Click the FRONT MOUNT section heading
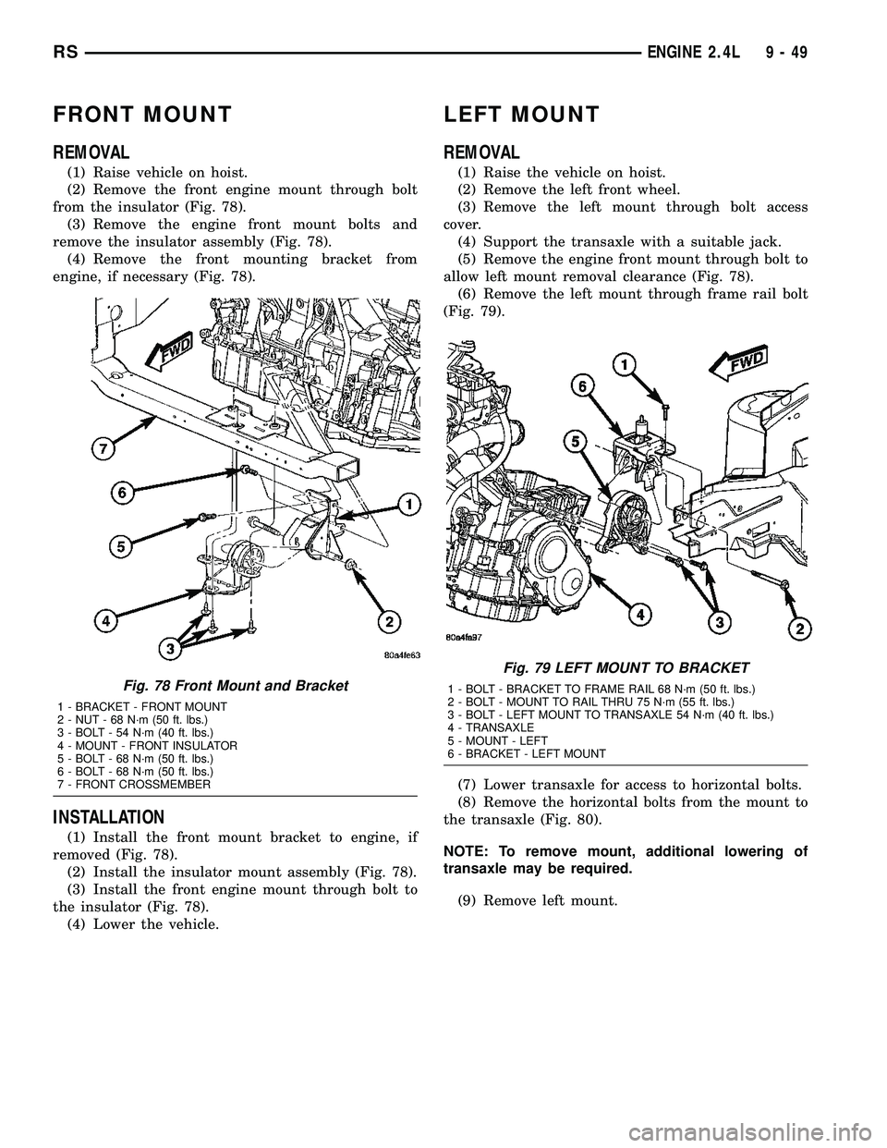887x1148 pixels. click(x=142, y=115)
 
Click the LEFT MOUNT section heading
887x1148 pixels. click(x=522, y=115)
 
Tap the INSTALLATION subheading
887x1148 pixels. click(x=109, y=817)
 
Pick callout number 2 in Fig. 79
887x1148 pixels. click(x=793, y=629)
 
